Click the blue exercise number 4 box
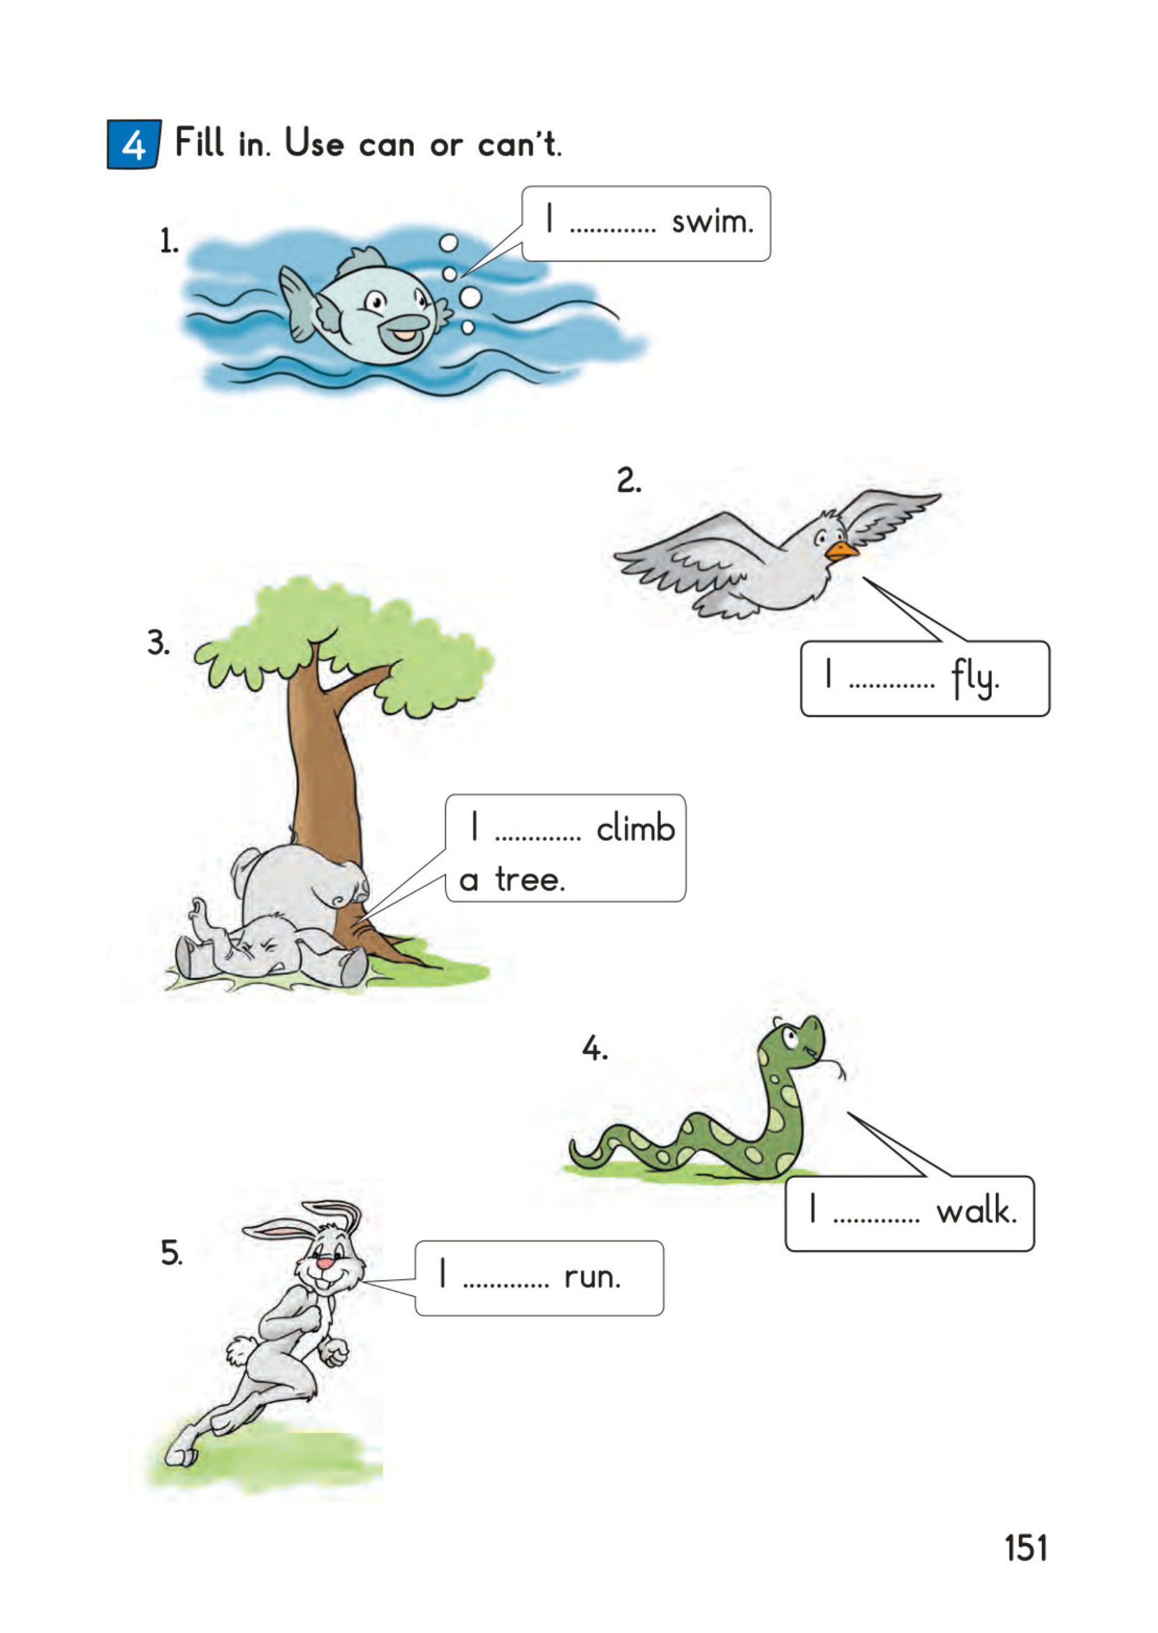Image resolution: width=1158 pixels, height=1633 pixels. (134, 144)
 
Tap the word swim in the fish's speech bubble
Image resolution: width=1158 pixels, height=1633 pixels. (713, 223)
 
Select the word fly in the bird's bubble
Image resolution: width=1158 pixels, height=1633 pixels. (974, 678)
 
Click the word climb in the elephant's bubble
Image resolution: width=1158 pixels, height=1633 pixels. (636, 828)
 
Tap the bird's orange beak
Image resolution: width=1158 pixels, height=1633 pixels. (841, 551)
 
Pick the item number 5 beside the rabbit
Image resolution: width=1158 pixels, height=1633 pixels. (171, 1253)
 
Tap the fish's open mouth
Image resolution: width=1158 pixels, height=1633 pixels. (403, 333)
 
